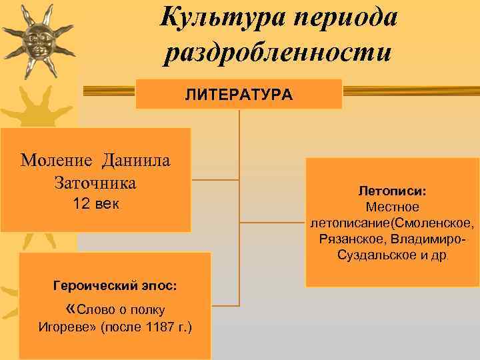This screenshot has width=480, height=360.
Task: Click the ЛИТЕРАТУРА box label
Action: [x=239, y=95]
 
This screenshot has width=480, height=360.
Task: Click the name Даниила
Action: [x=136, y=160]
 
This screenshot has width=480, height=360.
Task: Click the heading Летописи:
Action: [x=392, y=191]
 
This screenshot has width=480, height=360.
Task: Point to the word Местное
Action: [x=392, y=207]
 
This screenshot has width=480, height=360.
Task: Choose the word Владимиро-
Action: [x=429, y=239]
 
